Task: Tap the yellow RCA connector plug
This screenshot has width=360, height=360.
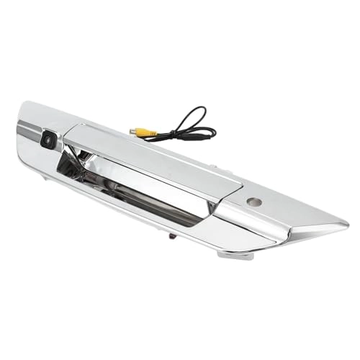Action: pyautogui.click(x=145, y=132)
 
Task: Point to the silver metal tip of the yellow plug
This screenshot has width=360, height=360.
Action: pyautogui.click(x=132, y=132)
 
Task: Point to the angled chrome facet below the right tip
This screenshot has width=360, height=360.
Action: pyautogui.click(x=310, y=234)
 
